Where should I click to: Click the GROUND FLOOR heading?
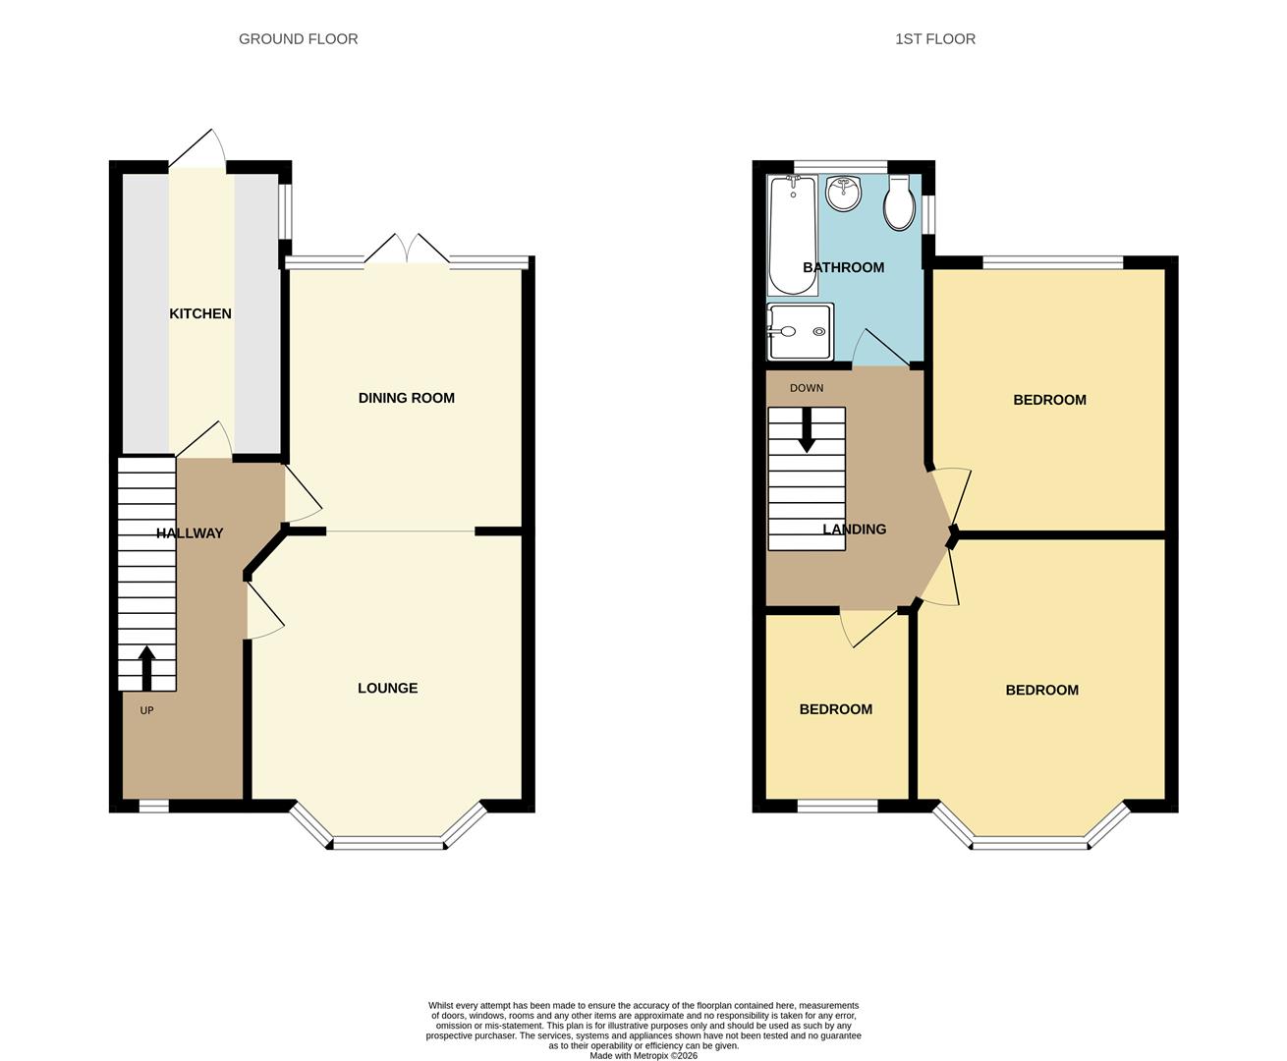[x=299, y=39]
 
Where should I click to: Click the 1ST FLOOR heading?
[x=935, y=39]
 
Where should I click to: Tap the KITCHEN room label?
[x=200, y=313]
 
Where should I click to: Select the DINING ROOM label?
[x=407, y=398]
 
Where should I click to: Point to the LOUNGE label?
[x=388, y=688]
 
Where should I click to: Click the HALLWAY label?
[x=190, y=533]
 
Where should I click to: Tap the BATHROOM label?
[x=843, y=267]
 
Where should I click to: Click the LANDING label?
[x=855, y=529]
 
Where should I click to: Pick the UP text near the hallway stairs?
[x=146, y=710]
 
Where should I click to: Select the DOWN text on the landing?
[x=807, y=388]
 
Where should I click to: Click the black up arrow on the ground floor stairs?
[x=146, y=668]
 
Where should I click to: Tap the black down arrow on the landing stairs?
[x=807, y=430]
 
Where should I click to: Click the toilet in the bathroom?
[x=899, y=202]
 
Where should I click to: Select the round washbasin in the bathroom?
[x=843, y=193]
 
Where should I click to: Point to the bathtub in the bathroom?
[x=793, y=235]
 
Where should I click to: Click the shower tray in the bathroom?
[x=800, y=331]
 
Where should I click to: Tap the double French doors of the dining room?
[x=407, y=250]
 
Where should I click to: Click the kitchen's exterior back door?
[x=197, y=148]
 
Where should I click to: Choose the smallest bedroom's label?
[x=836, y=709]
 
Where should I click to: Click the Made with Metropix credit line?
[x=643, y=1055]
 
